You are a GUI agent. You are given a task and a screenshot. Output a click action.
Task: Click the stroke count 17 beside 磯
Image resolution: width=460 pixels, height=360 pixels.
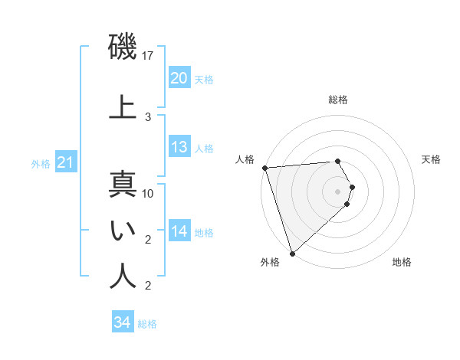point(149,56)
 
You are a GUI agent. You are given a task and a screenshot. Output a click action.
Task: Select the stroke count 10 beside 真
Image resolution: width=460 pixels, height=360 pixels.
point(149,194)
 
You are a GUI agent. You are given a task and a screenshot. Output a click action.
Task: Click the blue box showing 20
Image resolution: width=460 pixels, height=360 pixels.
point(179,78)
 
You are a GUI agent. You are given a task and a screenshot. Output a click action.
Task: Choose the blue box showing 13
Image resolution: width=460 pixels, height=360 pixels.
point(179,147)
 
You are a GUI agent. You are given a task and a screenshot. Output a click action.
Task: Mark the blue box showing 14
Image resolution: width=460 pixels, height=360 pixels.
point(179,231)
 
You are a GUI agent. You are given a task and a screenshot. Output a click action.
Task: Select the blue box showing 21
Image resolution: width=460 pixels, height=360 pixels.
point(65,162)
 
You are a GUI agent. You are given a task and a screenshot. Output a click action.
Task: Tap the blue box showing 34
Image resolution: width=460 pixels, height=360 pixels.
point(122,322)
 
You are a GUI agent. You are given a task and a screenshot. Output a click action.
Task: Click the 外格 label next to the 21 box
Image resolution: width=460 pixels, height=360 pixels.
point(41,163)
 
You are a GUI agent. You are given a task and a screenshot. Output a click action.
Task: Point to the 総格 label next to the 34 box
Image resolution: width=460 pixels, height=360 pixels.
point(147,324)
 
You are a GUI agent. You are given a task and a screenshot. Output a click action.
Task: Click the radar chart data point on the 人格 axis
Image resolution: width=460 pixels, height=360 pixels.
point(264,168)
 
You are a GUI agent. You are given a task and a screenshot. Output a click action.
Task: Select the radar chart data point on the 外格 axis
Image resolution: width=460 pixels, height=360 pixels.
point(292,253)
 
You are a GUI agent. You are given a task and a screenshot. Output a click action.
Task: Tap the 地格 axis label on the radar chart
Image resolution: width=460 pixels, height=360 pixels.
point(402,263)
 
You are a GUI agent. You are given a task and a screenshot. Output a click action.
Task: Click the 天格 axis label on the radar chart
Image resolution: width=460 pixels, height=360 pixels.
point(431,159)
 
